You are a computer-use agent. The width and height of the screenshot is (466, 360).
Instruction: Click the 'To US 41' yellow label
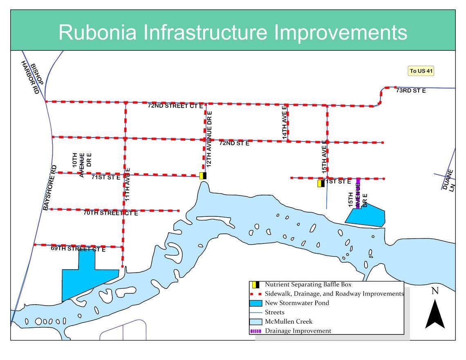[x=421, y=71]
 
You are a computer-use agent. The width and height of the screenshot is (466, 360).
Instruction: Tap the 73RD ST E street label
[x=411, y=90]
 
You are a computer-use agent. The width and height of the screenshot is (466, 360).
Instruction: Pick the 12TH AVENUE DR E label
[x=209, y=139]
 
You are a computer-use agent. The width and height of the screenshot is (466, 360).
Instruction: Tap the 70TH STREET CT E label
[x=110, y=213]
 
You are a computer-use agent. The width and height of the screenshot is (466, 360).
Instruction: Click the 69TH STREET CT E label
[x=78, y=249]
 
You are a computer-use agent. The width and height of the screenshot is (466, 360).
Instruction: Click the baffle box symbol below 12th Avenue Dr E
[x=203, y=175]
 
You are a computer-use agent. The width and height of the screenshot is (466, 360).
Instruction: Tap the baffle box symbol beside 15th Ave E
[x=321, y=184]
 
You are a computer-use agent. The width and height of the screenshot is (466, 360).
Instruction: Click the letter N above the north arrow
[x=435, y=291]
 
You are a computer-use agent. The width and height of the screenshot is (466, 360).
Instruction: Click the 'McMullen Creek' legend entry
[x=289, y=322]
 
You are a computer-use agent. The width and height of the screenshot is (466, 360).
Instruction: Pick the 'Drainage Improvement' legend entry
[x=298, y=331]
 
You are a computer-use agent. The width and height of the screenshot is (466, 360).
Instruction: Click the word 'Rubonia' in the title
[x=97, y=32]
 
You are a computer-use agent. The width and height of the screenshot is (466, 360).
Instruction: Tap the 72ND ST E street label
[x=234, y=143]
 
